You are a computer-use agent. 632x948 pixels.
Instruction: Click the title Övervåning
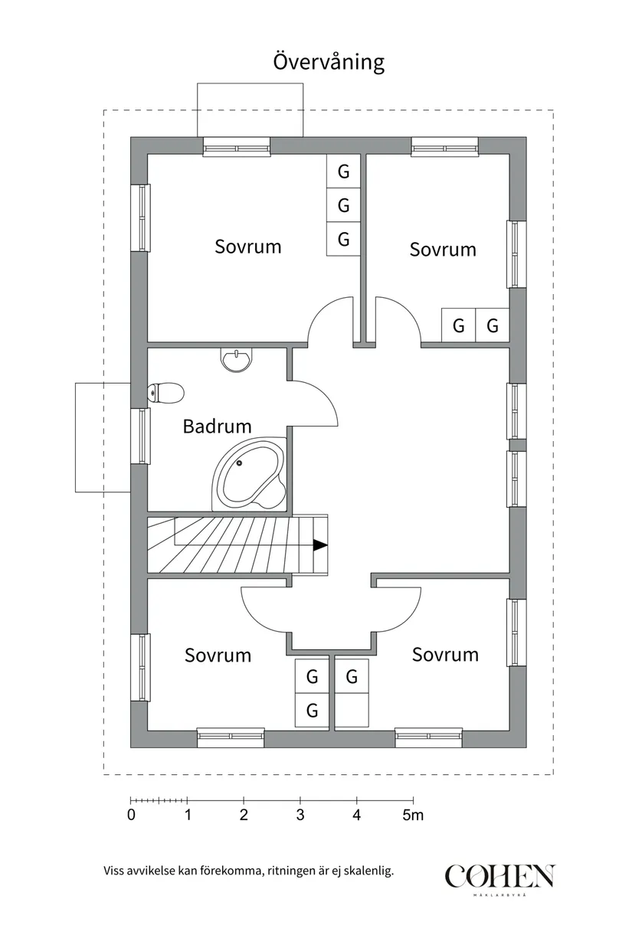329,61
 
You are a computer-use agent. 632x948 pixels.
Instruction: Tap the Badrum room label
217,426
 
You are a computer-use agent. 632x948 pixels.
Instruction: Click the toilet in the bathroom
165,394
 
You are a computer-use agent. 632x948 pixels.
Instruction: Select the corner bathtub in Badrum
249,475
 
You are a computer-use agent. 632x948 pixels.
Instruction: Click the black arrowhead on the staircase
319,545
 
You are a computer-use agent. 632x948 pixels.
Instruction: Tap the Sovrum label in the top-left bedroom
247,247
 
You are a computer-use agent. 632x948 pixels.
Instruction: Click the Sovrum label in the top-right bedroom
442,250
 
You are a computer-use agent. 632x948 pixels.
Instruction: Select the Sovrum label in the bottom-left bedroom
218,655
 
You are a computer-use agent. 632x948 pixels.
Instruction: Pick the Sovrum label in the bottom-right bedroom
445,655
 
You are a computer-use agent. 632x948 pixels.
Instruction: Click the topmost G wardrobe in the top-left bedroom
343,172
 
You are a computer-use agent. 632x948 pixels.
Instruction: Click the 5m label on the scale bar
413,816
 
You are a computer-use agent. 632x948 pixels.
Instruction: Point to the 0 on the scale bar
131,816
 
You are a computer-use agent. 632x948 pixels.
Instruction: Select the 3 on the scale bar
300,816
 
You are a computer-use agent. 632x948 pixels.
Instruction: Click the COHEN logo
499,878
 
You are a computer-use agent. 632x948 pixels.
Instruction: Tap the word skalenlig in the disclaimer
367,871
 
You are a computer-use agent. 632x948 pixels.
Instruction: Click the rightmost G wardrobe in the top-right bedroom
493,326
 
